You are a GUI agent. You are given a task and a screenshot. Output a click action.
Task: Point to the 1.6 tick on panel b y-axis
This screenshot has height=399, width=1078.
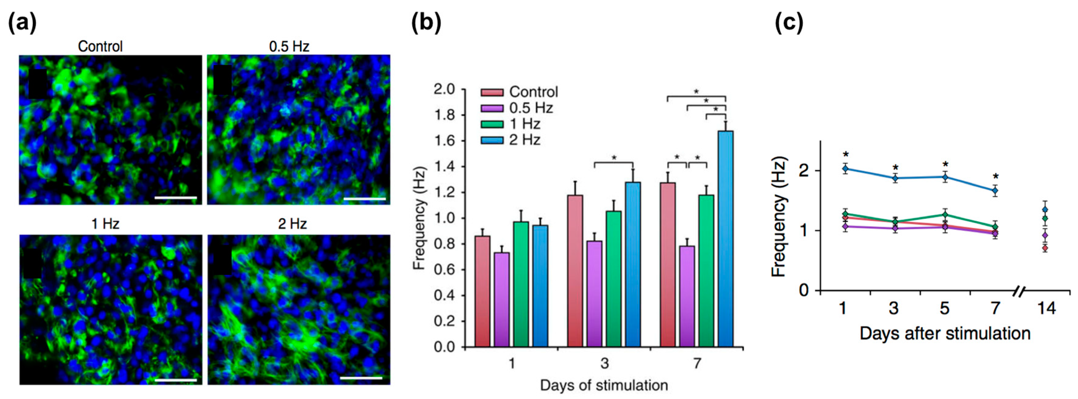point(462,141)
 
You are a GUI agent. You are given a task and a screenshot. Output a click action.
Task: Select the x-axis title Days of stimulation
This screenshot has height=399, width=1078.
point(603,385)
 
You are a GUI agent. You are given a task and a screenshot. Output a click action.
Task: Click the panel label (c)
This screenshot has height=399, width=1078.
point(789,23)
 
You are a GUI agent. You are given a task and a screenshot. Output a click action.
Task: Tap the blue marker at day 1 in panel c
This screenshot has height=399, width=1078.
point(845,169)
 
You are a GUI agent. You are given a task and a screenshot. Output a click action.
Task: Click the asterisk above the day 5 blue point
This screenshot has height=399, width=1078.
point(945,164)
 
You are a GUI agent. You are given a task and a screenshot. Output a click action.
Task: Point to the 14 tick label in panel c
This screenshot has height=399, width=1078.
point(1047,308)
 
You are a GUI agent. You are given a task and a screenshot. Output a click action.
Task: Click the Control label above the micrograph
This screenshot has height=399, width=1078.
point(100,46)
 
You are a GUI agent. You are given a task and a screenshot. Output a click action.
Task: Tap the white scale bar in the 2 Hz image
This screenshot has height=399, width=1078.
point(361,378)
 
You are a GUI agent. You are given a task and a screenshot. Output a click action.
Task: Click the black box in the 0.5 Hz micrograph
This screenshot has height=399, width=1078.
point(222,80)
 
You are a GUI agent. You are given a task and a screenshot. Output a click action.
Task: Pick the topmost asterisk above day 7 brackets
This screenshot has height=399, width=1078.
point(696,91)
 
